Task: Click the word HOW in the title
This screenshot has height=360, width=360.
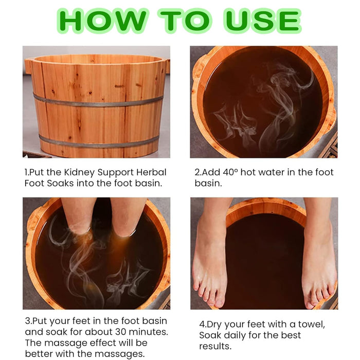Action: pyautogui.click(x=102, y=21)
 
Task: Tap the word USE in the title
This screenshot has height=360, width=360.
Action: pyautogui.click(x=262, y=21)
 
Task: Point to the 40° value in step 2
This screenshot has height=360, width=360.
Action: pyautogui.click(x=230, y=172)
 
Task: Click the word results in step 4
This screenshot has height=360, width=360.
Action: pyautogui.click(x=215, y=346)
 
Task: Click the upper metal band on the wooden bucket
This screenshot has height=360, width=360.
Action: pyautogui.click(x=98, y=101)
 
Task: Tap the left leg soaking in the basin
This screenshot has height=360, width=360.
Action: pyautogui.click(x=78, y=215)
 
